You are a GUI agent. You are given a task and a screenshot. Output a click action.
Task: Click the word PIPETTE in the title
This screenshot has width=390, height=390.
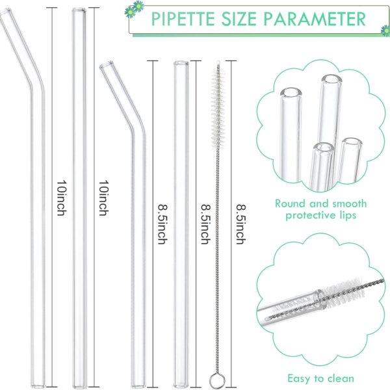(x=183, y=19)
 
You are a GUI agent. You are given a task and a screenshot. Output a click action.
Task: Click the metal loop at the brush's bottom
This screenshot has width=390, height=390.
(x=217, y=380)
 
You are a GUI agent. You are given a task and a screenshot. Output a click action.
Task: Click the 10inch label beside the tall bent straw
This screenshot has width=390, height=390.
(x=62, y=198)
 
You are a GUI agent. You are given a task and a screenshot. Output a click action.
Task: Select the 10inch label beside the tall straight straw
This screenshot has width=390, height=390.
(x=104, y=198)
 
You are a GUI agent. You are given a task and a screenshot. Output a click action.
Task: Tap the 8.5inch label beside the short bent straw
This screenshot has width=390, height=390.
(x=163, y=224)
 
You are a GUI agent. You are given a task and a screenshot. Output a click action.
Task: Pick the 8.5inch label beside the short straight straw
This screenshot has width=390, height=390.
(x=205, y=224)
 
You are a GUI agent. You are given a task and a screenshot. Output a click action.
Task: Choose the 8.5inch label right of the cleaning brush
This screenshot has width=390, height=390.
(x=241, y=224)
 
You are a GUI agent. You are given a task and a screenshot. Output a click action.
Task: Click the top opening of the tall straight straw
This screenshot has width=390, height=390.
(x=79, y=10)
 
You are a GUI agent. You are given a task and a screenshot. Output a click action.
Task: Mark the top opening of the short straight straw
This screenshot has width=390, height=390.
(x=181, y=63)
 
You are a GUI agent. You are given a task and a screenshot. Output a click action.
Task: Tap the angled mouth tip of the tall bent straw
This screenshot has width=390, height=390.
(x=5, y=12)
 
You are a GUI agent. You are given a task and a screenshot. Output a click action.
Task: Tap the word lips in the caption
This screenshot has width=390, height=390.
(x=348, y=215)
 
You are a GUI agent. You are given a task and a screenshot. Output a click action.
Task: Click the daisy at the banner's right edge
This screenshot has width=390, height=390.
(x=385, y=31)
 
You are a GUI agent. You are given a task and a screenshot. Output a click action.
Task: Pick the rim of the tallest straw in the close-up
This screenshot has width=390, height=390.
(x=331, y=79)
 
